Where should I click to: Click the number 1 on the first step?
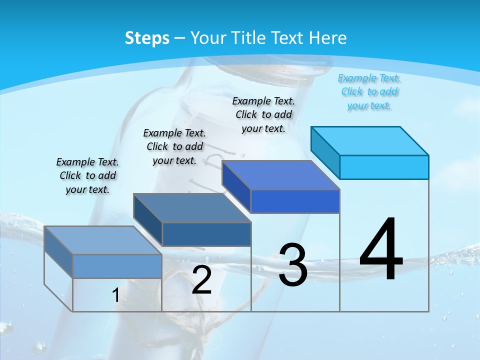click(x=115, y=295)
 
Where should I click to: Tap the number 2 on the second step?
click(x=201, y=280)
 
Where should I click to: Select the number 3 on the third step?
click(x=293, y=265)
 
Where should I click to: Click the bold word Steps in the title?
click(x=147, y=38)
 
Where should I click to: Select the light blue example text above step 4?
click(x=369, y=92)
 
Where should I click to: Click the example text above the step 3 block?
click(x=263, y=114)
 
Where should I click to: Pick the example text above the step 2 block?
click(x=174, y=146)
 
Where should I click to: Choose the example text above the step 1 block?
click(x=87, y=175)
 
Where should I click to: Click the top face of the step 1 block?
click(x=102, y=240)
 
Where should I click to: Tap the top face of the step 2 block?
click(x=191, y=208)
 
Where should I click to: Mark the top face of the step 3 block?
click(x=280, y=175)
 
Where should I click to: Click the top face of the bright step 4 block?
click(x=369, y=140)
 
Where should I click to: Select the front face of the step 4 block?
click(x=384, y=167)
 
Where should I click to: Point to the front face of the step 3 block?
click(x=295, y=201)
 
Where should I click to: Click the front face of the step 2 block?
click(x=206, y=234)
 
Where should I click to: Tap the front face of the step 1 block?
click(x=117, y=266)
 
